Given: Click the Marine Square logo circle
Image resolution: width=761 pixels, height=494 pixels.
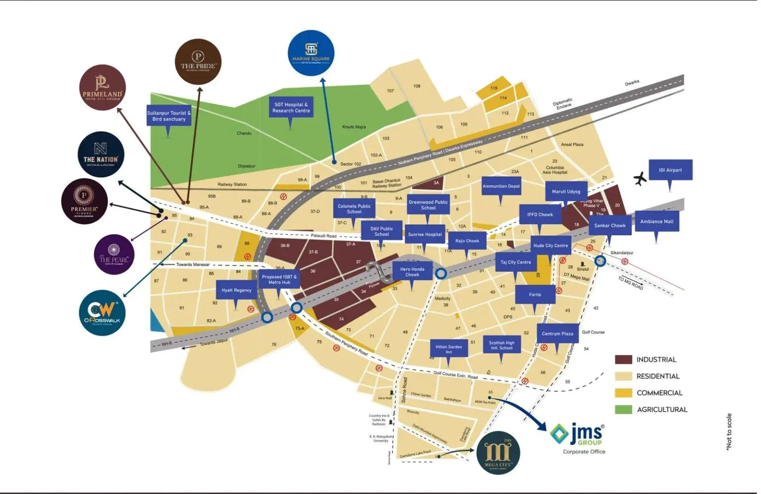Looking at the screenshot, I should pos(311,53).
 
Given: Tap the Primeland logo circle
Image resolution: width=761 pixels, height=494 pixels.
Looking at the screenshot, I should pos(103,87).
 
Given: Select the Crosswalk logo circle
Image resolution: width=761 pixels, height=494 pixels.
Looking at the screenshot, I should pos(102,313).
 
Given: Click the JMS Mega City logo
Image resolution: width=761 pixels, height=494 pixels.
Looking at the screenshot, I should pos(498,453).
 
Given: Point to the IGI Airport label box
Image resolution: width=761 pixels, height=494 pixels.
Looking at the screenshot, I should pos(670,170).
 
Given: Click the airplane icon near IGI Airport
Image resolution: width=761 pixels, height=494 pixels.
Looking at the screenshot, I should pos(640,179).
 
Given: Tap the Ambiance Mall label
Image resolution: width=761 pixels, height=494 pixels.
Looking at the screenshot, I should pos(656,222).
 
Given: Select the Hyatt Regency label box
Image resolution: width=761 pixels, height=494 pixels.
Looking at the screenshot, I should pos(236,290).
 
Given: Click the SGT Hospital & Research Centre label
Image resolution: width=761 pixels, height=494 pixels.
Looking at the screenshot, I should pos(291,108).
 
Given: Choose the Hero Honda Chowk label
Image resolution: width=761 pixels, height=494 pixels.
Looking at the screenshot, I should pos(412,272).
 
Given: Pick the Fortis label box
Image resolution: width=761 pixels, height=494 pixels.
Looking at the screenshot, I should pos(535,295).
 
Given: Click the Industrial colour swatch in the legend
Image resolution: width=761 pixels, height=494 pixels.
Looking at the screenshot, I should pos(623,360).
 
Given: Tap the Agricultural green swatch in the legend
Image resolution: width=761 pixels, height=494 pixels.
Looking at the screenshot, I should pos(623,409).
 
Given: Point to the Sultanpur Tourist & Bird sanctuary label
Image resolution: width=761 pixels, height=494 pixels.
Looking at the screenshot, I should pos(169,116).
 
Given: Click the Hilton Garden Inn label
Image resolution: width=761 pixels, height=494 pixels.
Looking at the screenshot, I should pos(448,349).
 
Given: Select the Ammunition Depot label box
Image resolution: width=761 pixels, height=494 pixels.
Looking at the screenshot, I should pos(501,186).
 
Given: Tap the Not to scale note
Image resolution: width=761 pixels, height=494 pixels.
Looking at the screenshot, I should pos(729,432).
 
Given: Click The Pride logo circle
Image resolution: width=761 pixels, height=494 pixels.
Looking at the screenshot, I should pos(198,62).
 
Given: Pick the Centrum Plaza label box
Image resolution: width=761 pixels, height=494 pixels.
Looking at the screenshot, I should pos(557,334).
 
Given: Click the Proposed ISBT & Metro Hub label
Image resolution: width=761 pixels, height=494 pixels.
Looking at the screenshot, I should pos(279,280).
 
